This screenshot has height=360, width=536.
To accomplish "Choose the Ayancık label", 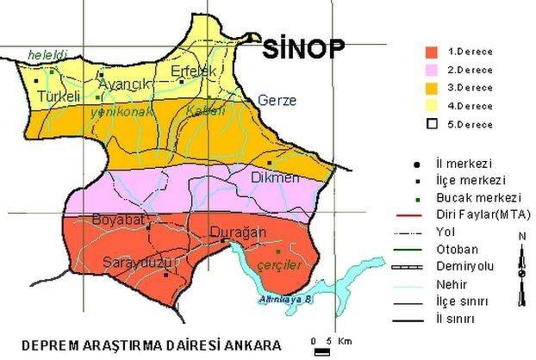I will [x=126, y=84].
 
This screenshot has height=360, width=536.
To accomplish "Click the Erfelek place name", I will [x=192, y=71].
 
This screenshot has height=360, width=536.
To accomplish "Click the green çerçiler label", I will [x=280, y=265].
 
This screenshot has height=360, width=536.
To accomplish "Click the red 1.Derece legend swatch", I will [x=432, y=51].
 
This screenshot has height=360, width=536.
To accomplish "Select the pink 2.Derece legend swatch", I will [x=432, y=69].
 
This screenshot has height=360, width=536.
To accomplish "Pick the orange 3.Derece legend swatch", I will [x=432, y=87].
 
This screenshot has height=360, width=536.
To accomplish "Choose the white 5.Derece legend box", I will [x=432, y=124].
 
